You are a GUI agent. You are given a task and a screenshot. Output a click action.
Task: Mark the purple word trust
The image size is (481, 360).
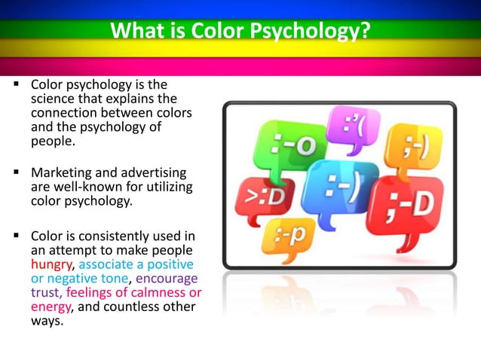coord(45,291)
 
